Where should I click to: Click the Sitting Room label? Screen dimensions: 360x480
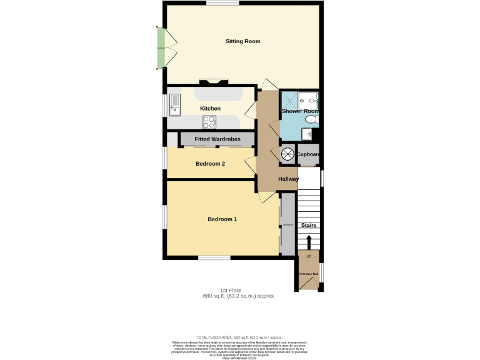[x=242, y=41]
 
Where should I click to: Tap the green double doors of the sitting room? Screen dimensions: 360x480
[x=161, y=48]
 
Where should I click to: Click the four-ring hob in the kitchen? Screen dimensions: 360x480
[x=210, y=121]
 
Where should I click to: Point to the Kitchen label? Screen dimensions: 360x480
[x=210, y=109]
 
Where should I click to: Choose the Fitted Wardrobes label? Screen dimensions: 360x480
[x=217, y=139]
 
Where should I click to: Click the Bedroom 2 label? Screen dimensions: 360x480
[x=210, y=164]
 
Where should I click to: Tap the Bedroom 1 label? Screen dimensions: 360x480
[x=222, y=219]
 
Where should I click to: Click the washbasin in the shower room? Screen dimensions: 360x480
[x=307, y=133]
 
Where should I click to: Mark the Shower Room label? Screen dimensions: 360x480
[x=300, y=111]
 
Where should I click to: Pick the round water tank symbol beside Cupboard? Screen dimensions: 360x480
[x=288, y=154]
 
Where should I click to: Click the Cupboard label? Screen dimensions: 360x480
[x=308, y=154]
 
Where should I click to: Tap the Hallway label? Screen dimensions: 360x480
[x=288, y=179]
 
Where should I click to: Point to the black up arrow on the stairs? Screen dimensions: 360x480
[x=307, y=242]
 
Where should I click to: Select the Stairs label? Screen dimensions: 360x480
[x=309, y=225]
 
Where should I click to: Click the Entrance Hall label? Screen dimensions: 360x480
[x=309, y=274]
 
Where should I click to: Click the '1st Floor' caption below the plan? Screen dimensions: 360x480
[x=230, y=291]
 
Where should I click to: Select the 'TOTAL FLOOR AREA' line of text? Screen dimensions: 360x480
[x=239, y=337]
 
